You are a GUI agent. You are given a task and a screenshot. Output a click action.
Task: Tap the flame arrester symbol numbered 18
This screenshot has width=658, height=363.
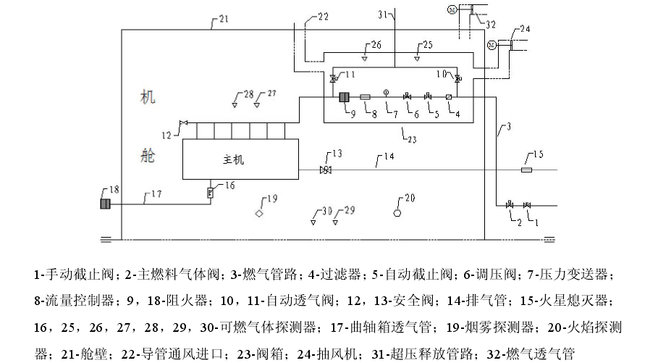click(105, 204)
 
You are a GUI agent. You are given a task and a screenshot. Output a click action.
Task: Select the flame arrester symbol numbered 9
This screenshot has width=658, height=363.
click(345, 97)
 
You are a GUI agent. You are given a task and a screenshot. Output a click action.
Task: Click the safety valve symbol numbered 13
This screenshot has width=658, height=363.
click(326, 170)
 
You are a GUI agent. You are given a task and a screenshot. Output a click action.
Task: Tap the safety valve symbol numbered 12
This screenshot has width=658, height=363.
click(184, 123)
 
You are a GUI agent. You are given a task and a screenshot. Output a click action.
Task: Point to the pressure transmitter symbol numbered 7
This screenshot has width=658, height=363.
click(386, 93)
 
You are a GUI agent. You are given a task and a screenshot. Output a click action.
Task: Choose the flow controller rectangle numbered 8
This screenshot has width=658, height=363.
click(365, 97)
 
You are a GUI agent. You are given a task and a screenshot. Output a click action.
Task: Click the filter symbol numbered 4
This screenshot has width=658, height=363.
click(448, 97)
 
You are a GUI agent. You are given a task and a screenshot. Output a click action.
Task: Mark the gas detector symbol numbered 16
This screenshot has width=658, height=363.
click(211, 192)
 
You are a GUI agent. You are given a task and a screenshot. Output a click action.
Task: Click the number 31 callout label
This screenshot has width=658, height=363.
click(383, 14)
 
